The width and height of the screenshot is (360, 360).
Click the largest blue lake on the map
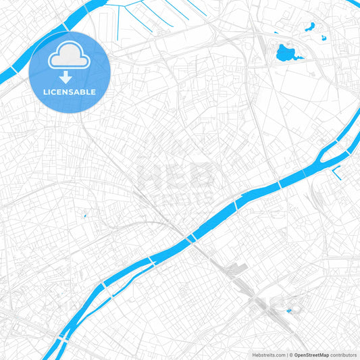click(x=286, y=53)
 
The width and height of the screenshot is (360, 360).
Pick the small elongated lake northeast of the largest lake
click(x=311, y=28)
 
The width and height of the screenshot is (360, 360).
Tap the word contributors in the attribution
click(x=343, y=355)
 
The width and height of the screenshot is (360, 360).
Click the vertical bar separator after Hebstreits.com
click(x=286, y=355)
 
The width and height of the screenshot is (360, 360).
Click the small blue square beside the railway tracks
click(x=288, y=311)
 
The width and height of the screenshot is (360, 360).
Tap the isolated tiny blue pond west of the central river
click(x=84, y=216)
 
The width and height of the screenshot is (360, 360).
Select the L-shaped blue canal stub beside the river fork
click(x=336, y=172)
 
